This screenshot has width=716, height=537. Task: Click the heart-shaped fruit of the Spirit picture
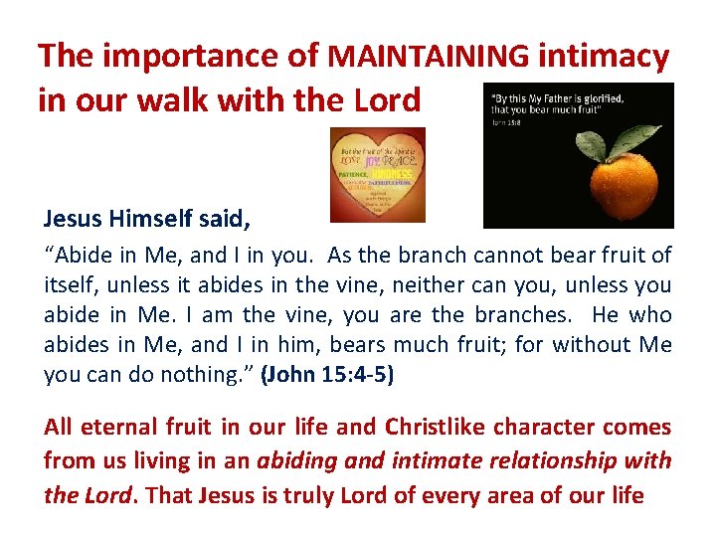(x=377, y=174)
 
